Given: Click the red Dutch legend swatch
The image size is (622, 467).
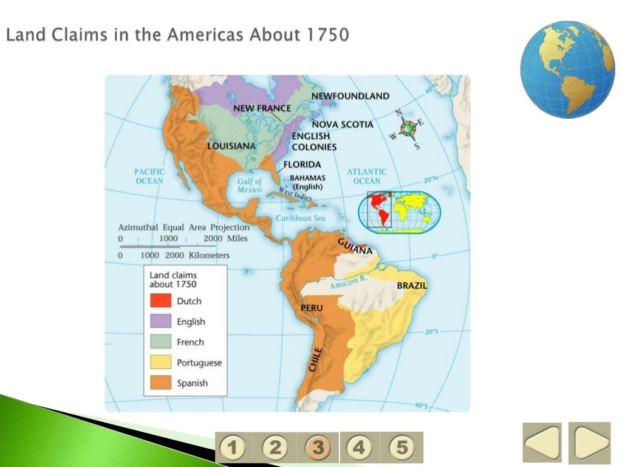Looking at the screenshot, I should coord(160,300).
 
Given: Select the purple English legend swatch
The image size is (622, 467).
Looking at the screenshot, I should coord(160,321).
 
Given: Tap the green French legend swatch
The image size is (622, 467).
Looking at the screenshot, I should coord(160,342).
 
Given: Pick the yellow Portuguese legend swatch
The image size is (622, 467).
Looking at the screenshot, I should coord(160,362).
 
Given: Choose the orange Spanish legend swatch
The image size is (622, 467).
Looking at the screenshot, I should coord(160,383).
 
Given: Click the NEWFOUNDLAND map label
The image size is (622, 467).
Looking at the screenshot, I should coord(350,96).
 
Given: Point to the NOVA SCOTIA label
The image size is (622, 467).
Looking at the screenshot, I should coord(343,125).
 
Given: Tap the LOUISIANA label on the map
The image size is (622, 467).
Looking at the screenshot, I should coord(231,147).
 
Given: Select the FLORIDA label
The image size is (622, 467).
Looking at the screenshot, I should coord(302,165).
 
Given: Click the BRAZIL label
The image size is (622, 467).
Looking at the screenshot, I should coord(412,285).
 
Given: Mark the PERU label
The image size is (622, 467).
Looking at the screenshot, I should coord(312,308).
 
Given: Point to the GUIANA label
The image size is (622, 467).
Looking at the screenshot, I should coord(355,246).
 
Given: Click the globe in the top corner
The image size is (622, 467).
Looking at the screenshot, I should coord(559,69).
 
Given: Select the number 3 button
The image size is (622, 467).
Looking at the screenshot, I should coord(318,449).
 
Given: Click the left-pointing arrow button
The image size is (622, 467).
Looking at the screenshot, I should coord(542,443).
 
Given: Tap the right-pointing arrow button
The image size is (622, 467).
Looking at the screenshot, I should coord(589,443).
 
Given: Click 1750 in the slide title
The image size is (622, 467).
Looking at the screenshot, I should coord(329,35).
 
